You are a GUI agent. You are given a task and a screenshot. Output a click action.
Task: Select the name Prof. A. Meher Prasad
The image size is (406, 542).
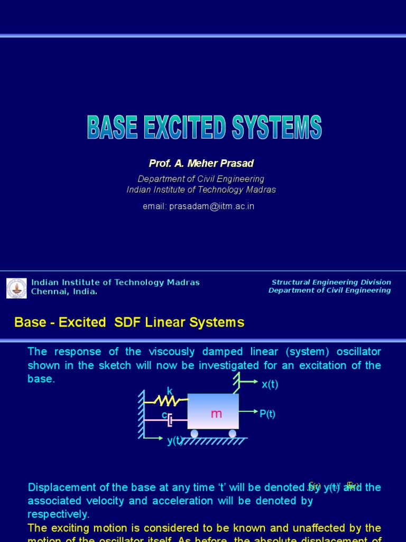click(x=201, y=163)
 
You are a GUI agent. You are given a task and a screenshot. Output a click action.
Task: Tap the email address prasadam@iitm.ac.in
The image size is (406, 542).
click(x=198, y=206)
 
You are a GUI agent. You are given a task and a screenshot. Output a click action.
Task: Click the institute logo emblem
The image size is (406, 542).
click(x=16, y=288)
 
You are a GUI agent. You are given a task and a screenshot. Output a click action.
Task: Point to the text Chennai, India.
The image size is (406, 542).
click(x=64, y=292)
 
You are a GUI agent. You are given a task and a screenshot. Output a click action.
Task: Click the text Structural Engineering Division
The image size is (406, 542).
click(x=331, y=282)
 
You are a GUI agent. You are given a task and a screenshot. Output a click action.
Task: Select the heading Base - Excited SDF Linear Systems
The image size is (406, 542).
click(x=129, y=322)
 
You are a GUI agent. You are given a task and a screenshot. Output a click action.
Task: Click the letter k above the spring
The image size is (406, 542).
click(x=170, y=391)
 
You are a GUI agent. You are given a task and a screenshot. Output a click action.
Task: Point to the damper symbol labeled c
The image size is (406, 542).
click(x=170, y=420)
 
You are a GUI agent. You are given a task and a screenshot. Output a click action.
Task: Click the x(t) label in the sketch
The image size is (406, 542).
click(x=270, y=384)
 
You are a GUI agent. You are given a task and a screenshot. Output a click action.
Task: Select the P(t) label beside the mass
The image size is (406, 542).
click(x=267, y=414)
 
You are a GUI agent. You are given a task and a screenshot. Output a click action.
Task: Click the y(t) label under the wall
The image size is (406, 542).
click(x=175, y=440)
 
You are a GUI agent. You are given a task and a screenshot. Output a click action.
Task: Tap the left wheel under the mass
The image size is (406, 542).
click(x=195, y=433)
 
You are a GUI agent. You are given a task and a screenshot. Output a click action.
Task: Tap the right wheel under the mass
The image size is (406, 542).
click(x=232, y=433)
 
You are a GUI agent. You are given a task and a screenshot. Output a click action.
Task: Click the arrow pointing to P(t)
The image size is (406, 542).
click(x=248, y=411)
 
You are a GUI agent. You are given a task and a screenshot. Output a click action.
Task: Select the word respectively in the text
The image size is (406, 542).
click(x=58, y=514)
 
